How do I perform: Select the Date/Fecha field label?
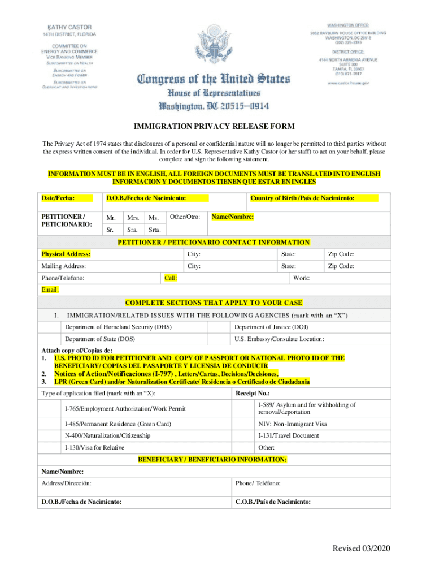[x=58, y=198]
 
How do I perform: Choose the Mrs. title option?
[x=133, y=218]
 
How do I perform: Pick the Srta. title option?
[x=155, y=230]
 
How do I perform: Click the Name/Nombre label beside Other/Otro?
[x=232, y=217]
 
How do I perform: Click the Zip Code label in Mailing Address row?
[x=341, y=266]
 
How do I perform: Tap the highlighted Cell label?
[x=170, y=278]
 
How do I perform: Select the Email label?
[x=50, y=290]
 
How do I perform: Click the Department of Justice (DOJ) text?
[x=271, y=327]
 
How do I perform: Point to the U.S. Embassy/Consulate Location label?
[x=279, y=339]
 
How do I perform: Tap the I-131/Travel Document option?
[x=288, y=435]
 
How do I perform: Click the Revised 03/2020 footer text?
[x=362, y=548]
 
